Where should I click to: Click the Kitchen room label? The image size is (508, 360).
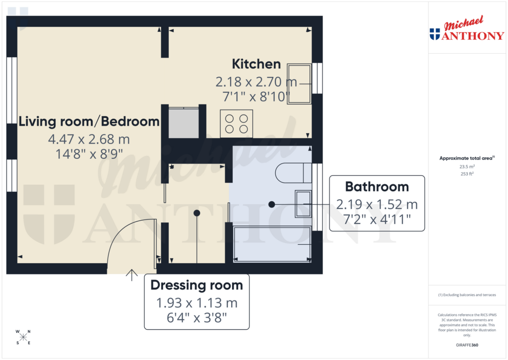point(256,64)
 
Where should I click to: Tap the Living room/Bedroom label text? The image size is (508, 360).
point(89,122)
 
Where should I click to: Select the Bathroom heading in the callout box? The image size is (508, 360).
point(377,187)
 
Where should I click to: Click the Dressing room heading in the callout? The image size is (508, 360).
point(196,286)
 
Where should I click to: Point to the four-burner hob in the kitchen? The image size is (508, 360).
point(237,124)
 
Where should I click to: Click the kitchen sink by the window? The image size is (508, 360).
point(300,83)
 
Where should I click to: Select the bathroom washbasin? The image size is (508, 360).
point(303,204)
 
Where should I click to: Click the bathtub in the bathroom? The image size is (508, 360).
point(272,244)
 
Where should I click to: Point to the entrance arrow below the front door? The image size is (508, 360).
point(132,275)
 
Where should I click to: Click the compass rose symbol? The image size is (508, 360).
point(23,337)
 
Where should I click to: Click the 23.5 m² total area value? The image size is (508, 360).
point(466,167)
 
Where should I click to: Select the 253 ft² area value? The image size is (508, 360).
point(466,174)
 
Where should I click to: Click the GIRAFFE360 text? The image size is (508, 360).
point(466,345)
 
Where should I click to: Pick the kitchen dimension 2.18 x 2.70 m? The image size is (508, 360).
point(256,81)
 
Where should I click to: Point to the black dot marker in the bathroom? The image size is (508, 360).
point(271,204)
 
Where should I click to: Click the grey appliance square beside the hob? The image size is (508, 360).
point(183,122)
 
